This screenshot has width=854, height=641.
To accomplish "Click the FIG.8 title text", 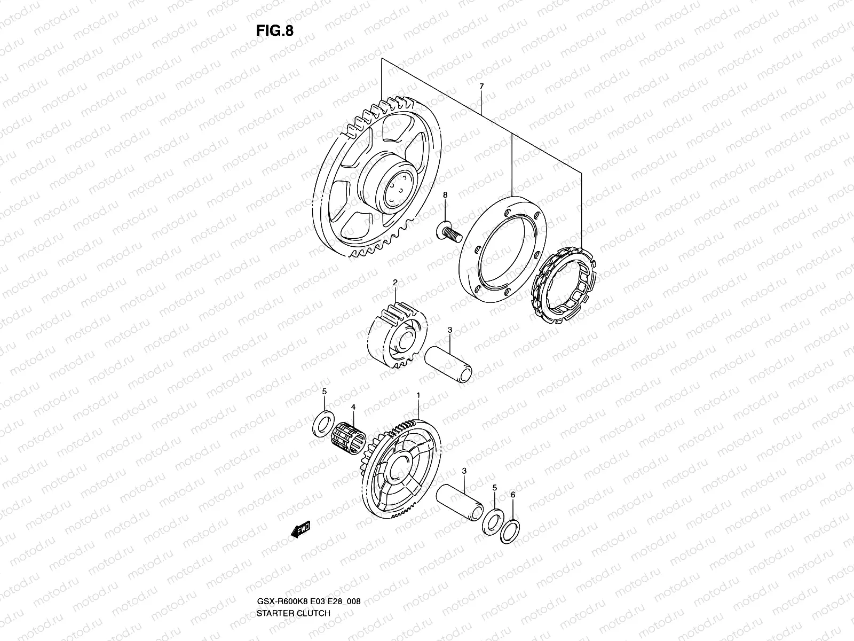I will click(x=274, y=30).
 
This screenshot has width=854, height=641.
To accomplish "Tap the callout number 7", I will click(x=481, y=86).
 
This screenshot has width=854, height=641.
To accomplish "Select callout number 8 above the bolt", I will click(x=445, y=195).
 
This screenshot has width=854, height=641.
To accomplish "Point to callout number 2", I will click(x=395, y=282).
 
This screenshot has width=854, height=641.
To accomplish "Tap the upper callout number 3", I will click(x=450, y=331).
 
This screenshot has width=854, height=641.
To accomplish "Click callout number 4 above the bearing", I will click(x=353, y=407).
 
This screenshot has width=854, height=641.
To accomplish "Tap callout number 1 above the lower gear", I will click(x=418, y=395).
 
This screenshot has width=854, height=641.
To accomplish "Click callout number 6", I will click(x=512, y=495).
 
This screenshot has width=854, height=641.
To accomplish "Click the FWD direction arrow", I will click(x=300, y=530).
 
